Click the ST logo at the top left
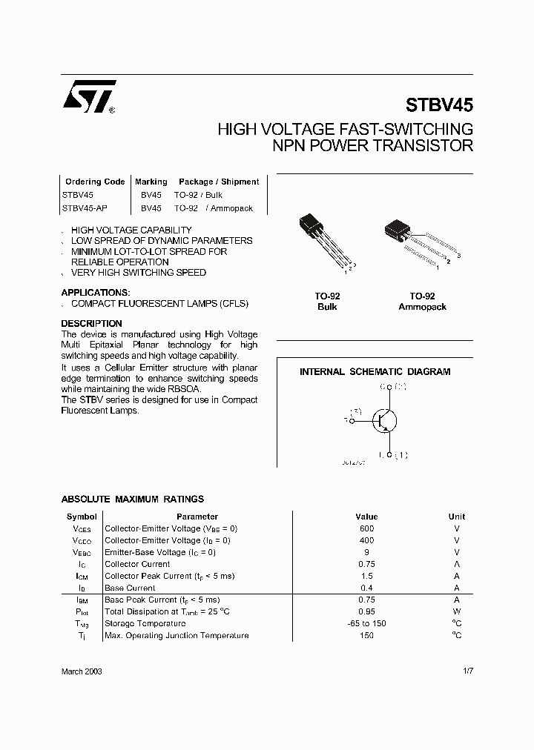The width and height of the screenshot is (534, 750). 88,96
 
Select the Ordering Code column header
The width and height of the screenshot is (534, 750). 95,182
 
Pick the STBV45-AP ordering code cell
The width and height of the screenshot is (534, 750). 83,208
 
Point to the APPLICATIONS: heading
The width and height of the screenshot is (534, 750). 96,293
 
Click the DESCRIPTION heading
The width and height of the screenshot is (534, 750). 91,324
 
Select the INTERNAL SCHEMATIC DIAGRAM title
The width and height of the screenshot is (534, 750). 375,372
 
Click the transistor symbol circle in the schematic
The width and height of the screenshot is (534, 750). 384,421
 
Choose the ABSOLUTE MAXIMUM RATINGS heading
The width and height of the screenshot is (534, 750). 132,500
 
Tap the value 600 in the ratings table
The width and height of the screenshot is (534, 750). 366,528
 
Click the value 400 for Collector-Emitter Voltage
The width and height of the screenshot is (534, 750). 366,540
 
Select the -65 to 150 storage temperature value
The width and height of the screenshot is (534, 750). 366,623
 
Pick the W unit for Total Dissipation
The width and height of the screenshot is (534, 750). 457,611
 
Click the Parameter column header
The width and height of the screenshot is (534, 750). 197,517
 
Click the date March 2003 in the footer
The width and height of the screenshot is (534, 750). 82,671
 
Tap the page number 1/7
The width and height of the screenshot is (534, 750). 467,671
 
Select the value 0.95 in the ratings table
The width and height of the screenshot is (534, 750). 366,611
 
